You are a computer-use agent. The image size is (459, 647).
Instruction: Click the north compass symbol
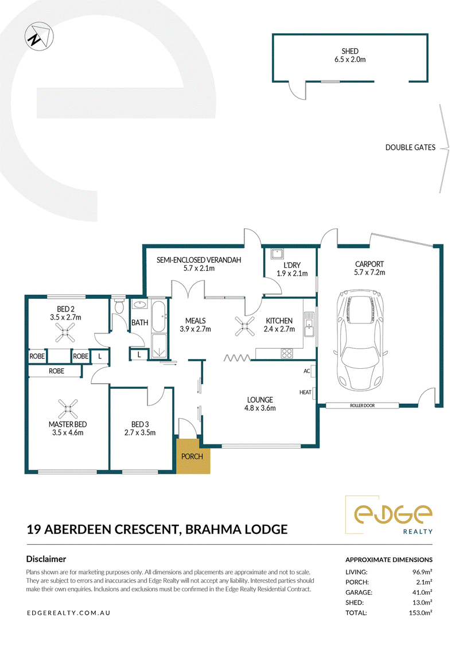click(39, 36)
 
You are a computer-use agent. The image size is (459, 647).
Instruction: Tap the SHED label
click(349, 51)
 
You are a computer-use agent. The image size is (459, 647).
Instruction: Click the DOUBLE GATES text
click(410, 147)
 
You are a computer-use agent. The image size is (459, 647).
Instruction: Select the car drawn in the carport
click(360, 340)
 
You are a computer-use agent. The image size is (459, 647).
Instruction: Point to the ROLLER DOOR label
click(363, 406)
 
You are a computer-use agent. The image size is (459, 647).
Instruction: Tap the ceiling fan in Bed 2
click(65, 333)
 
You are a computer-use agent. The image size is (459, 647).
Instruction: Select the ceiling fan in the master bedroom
click(68, 409)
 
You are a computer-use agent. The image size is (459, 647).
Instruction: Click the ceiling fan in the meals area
click(244, 326)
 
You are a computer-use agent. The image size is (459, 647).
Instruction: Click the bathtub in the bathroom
click(159, 317)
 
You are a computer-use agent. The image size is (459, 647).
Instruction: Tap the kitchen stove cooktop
click(287, 353)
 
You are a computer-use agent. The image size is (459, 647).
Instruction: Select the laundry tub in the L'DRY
click(276, 253)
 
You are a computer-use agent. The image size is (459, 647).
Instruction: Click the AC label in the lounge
click(307, 371)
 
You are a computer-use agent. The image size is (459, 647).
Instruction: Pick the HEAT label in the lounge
click(305, 392)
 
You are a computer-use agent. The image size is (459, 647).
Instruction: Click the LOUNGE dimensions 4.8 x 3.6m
click(260, 408)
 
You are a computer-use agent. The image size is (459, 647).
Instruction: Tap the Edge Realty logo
click(389, 515)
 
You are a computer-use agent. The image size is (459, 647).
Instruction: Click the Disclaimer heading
click(46, 559)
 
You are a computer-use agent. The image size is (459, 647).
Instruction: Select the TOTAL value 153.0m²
click(421, 613)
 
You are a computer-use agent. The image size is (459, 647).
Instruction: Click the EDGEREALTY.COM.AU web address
click(68, 613)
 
